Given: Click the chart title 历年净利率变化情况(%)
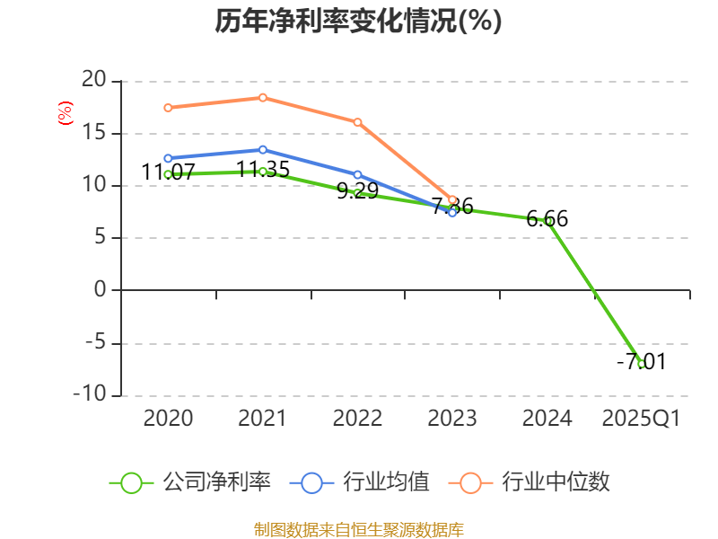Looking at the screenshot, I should tap(358, 22).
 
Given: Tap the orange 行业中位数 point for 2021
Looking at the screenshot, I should tap(262, 97).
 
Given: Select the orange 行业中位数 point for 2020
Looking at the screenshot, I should tap(168, 108).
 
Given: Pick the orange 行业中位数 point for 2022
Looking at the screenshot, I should tap(357, 122).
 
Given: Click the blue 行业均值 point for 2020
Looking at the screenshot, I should tap(168, 158).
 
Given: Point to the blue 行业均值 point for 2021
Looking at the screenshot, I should tap(262, 149).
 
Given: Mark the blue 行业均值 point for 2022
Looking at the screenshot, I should tap(357, 175).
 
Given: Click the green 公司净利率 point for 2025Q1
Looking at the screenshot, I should tap(641, 364).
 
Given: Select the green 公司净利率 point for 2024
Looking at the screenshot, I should tap(547, 221).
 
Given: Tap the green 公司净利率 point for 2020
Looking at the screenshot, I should tap(168, 174).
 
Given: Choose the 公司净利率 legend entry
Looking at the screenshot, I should tap(190, 482).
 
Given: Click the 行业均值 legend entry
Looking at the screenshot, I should tap(360, 482).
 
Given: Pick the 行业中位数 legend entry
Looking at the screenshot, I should tap(536, 482).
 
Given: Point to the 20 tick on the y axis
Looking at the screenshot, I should tap(92, 81).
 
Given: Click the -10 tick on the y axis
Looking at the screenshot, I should tap(90, 395).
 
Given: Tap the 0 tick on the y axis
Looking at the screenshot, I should tap(100, 290).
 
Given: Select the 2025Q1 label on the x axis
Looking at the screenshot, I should tap(641, 419).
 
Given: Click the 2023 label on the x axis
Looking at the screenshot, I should tap(452, 419).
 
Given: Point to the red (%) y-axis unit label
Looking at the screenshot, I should tap(65, 113).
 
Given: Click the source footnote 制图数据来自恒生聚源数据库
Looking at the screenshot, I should tap(358, 529).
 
